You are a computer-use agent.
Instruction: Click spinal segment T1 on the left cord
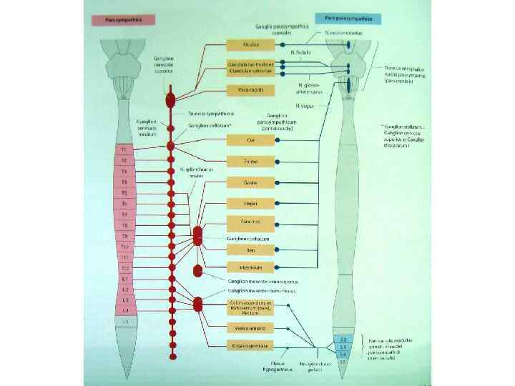click(123, 149)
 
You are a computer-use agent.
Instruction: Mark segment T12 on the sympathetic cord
click(123, 267)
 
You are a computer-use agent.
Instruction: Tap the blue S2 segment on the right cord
click(342, 337)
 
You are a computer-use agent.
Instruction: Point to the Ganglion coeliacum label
click(247, 237)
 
